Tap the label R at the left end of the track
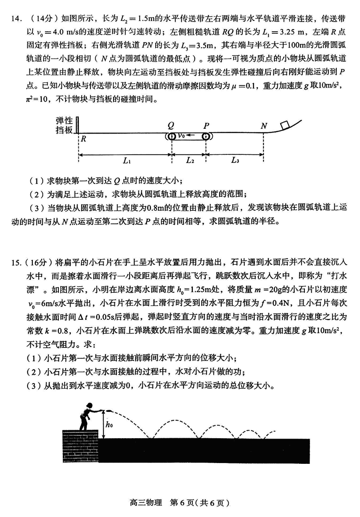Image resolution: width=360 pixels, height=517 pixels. point(84,139)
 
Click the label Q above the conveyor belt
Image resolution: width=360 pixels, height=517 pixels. point(171,125)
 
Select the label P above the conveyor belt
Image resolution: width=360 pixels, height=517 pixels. point(206,125)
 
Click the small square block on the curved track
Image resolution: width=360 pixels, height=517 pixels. point(285,125)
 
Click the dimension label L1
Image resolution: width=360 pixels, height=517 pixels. point(126,161)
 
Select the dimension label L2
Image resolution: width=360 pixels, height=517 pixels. point(190,161)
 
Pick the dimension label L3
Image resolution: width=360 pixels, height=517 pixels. point(235,161)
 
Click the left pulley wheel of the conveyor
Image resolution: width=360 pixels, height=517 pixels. point(172,136)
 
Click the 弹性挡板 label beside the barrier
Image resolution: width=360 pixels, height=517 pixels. point(64,125)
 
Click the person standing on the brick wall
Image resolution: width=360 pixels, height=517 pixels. point(88,416)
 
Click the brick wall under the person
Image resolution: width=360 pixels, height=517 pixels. point(80,445)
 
